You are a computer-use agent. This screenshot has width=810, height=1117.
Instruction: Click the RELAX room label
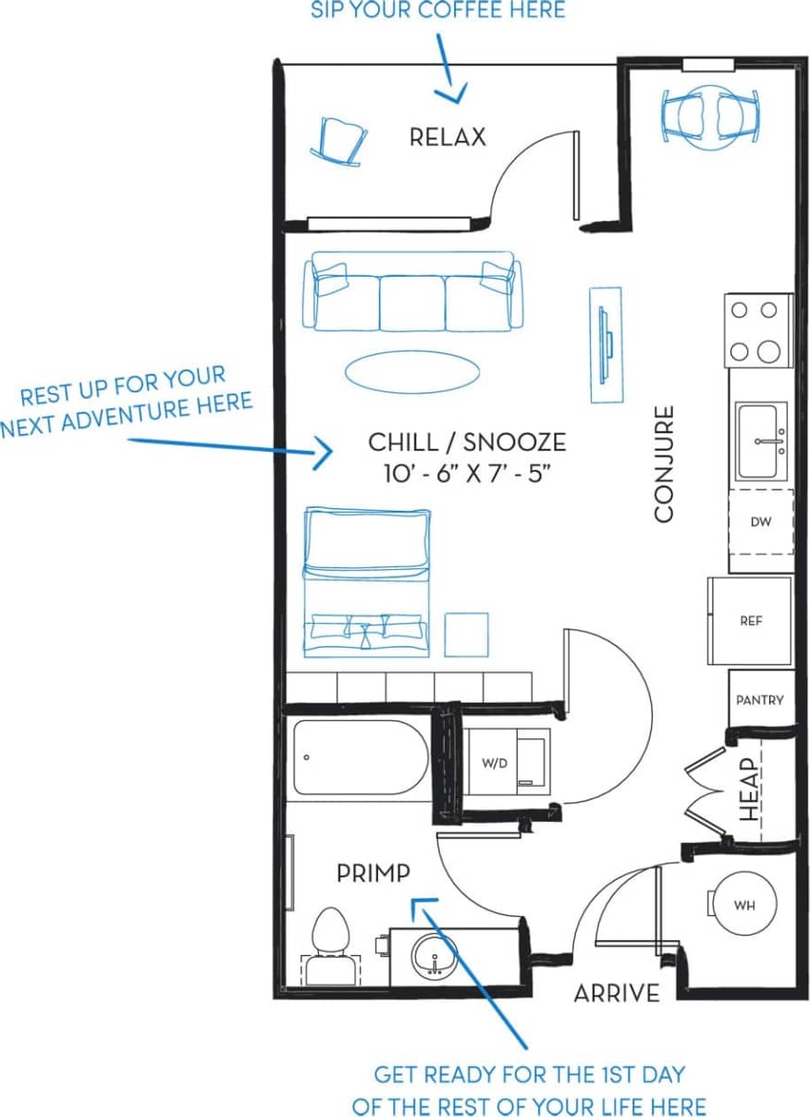pyautogui.click(x=448, y=138)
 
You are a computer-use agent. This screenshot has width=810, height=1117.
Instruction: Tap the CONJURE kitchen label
pyautogui.click(x=665, y=464)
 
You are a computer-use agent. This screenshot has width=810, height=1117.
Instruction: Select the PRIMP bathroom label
pyautogui.click(x=373, y=872)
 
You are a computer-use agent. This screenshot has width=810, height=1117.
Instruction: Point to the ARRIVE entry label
pyautogui.click(x=617, y=993)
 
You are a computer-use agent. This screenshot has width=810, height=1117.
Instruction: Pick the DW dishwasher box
pyautogui.click(x=760, y=522)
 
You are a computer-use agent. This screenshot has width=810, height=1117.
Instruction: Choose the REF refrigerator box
pyautogui.click(x=750, y=621)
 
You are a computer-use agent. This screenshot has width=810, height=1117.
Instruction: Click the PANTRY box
pyautogui.click(x=759, y=700)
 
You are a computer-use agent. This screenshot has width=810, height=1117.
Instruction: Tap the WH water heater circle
pyautogui.click(x=744, y=905)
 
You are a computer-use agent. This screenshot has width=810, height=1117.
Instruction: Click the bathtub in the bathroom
pyautogui.click(x=362, y=758)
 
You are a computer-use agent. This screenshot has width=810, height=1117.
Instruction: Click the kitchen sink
pyautogui.click(x=761, y=441)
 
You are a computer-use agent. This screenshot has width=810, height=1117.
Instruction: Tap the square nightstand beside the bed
pyautogui.click(x=466, y=634)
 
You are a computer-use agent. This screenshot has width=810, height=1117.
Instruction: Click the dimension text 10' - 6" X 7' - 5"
pyautogui.click(x=467, y=474)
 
